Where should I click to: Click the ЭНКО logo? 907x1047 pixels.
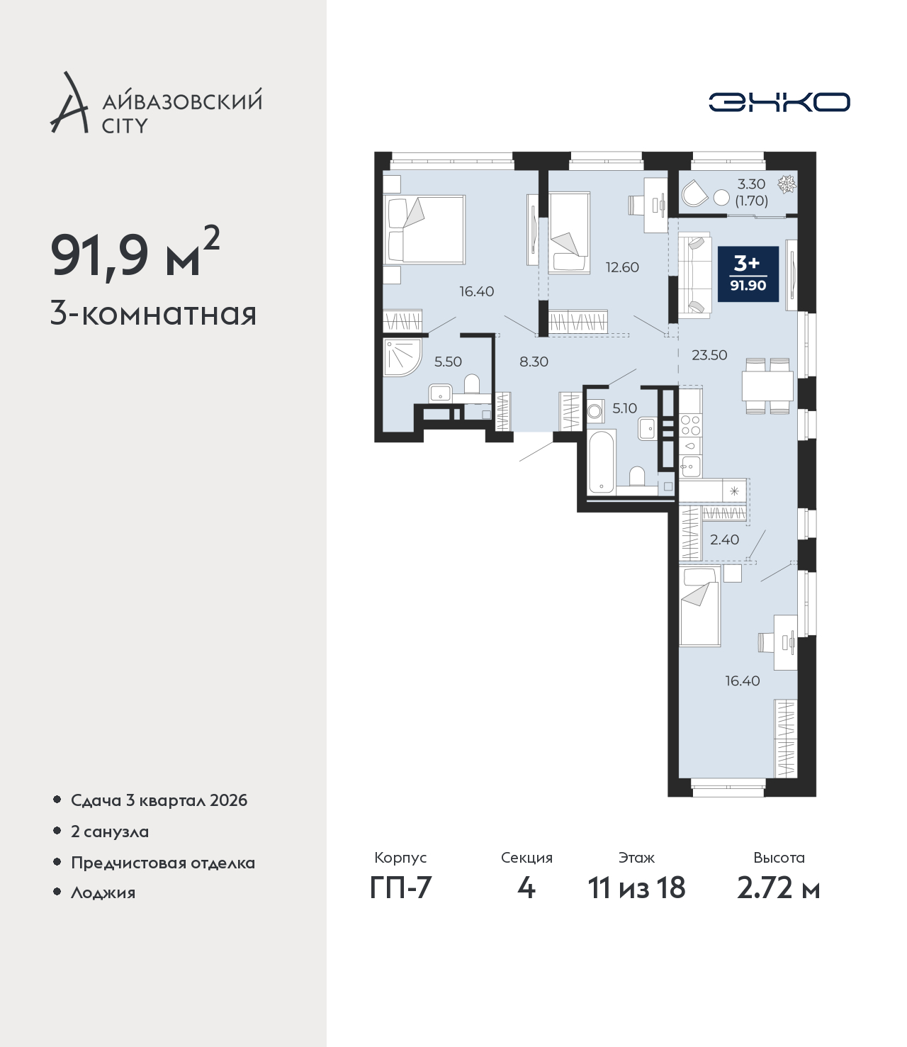(x=779, y=102)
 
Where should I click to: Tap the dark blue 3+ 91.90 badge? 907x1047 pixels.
(x=748, y=274)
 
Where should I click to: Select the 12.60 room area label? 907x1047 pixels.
(x=622, y=267)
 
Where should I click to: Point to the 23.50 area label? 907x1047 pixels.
(x=709, y=355)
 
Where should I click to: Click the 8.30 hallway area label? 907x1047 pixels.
(x=534, y=362)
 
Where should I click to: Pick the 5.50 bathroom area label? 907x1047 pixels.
(x=448, y=362)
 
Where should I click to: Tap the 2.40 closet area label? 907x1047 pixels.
(x=724, y=539)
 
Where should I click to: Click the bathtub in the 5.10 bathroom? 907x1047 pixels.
(x=602, y=462)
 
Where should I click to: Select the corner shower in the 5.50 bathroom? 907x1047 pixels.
(x=402, y=357)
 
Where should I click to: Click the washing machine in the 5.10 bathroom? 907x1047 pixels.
(x=595, y=410)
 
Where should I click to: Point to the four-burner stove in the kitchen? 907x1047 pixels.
(x=690, y=425)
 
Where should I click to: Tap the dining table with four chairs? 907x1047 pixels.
(x=767, y=386)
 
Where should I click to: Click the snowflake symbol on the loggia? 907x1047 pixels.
(x=787, y=184)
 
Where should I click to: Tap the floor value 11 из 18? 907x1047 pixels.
(x=636, y=888)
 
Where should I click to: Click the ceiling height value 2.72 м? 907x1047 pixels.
(x=778, y=888)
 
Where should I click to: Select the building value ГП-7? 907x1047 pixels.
(x=400, y=888)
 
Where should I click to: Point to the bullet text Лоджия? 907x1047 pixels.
(x=103, y=892)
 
